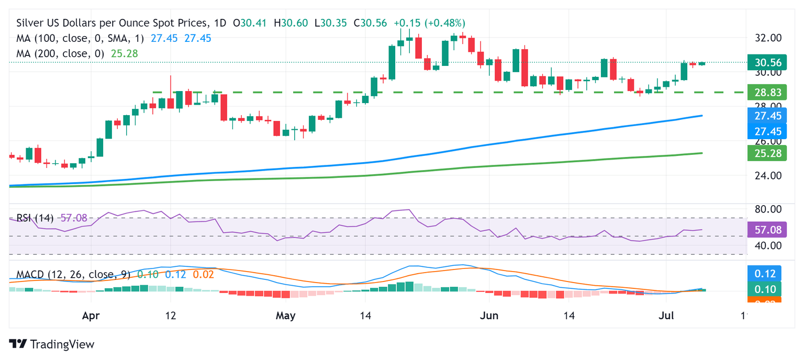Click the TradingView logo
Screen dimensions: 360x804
[52, 344]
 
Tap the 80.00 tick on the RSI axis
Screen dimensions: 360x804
[768, 209]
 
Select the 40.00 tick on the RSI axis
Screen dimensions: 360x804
[768, 245]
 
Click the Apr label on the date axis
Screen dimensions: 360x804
[91, 316]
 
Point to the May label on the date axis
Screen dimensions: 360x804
[285, 316]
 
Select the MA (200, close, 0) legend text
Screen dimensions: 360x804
[60, 53]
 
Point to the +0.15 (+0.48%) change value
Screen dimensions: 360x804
[429, 23]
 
